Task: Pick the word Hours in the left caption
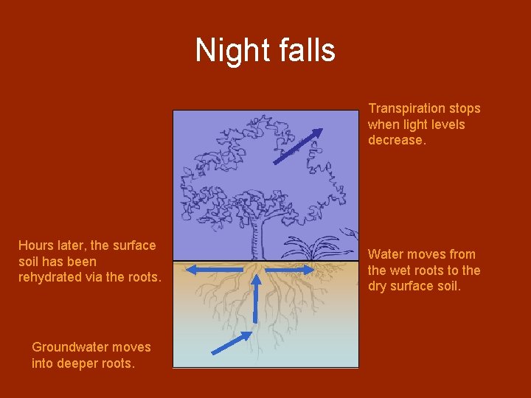point(35,245)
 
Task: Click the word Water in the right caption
point(386,254)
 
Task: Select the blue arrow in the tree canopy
point(298,146)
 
